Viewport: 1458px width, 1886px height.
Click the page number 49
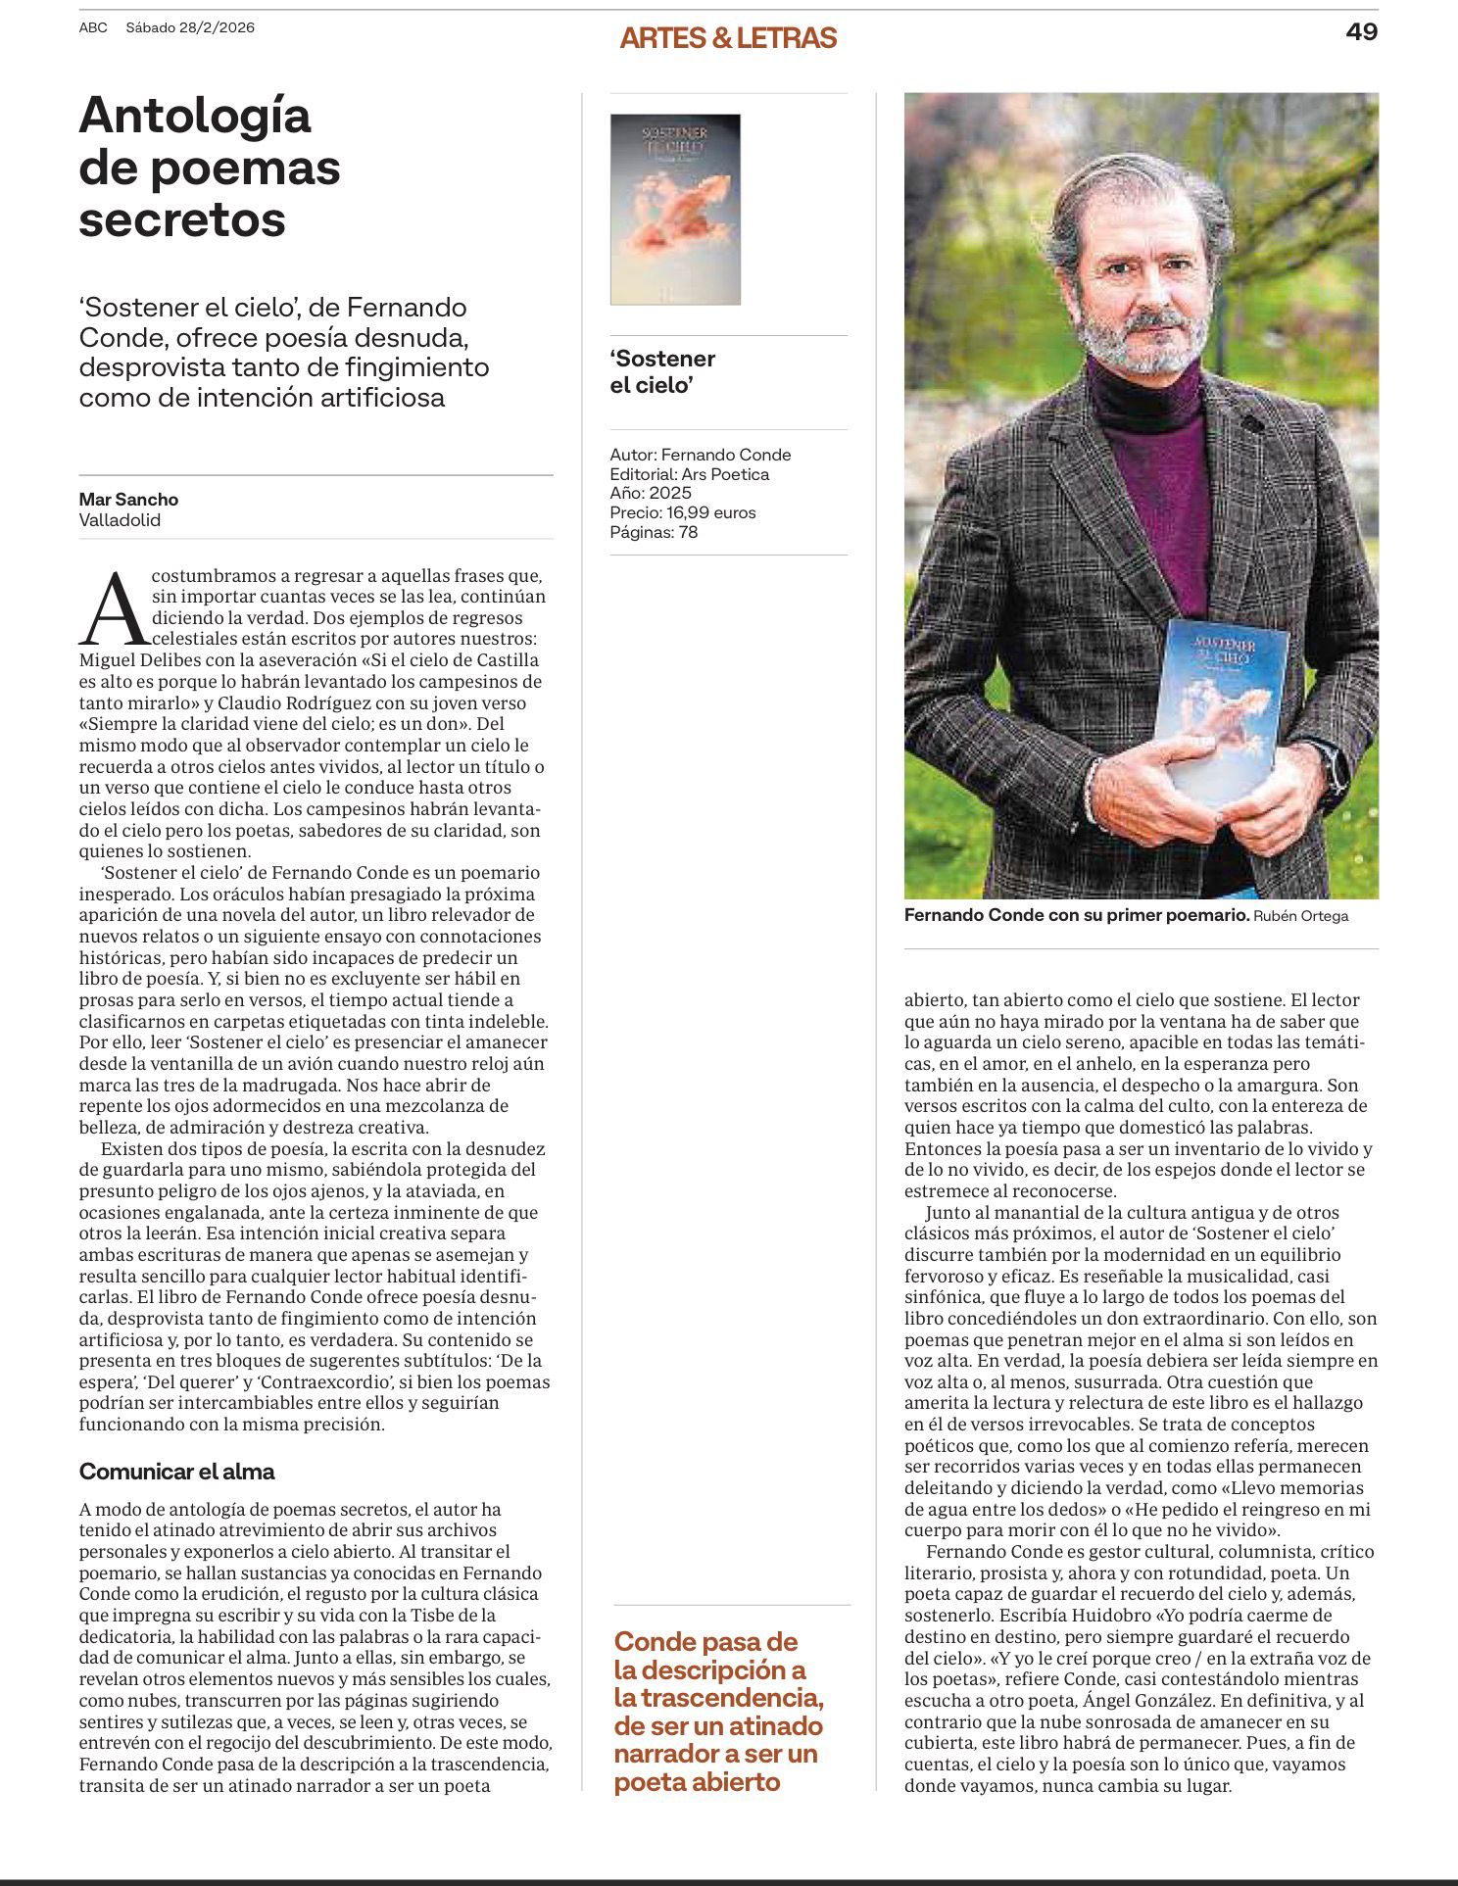tap(1361, 31)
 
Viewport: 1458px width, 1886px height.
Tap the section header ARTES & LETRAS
tap(728, 38)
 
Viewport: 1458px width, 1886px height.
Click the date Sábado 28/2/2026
tap(190, 27)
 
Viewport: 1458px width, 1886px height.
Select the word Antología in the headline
tap(195, 116)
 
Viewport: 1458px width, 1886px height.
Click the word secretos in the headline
tap(182, 218)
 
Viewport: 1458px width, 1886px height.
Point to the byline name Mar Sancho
tap(128, 499)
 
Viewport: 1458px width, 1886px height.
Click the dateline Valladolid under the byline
tap(120, 520)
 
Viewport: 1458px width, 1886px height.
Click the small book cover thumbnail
tap(675, 209)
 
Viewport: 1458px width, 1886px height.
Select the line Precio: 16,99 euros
tap(682, 512)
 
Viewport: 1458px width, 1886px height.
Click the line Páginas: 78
tap(654, 532)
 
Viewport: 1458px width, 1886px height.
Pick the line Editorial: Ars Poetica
tap(689, 474)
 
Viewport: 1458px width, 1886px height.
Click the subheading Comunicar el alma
tap(176, 1472)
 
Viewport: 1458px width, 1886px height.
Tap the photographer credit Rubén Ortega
tap(1300, 916)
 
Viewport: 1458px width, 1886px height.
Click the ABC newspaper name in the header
tap(93, 27)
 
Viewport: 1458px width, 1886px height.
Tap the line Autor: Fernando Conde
tap(700, 455)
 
